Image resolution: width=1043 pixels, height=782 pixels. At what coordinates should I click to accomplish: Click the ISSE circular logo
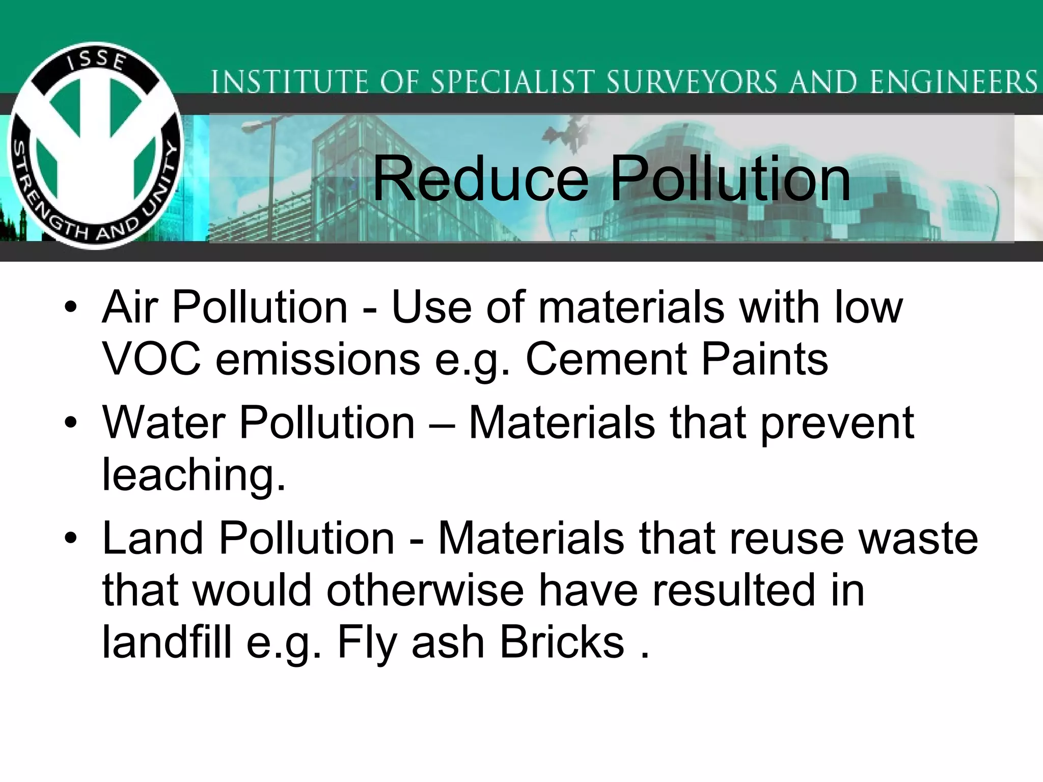96,146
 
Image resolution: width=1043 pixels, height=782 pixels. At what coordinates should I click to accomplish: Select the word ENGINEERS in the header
953,82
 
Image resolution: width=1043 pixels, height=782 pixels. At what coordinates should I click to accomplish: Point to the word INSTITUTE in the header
289,82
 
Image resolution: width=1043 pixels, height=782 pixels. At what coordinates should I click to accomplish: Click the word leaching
194,474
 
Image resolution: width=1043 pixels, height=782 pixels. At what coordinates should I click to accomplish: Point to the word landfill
167,643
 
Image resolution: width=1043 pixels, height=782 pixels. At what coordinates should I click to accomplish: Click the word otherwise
425,590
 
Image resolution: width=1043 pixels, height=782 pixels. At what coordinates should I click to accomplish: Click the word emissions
318,359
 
